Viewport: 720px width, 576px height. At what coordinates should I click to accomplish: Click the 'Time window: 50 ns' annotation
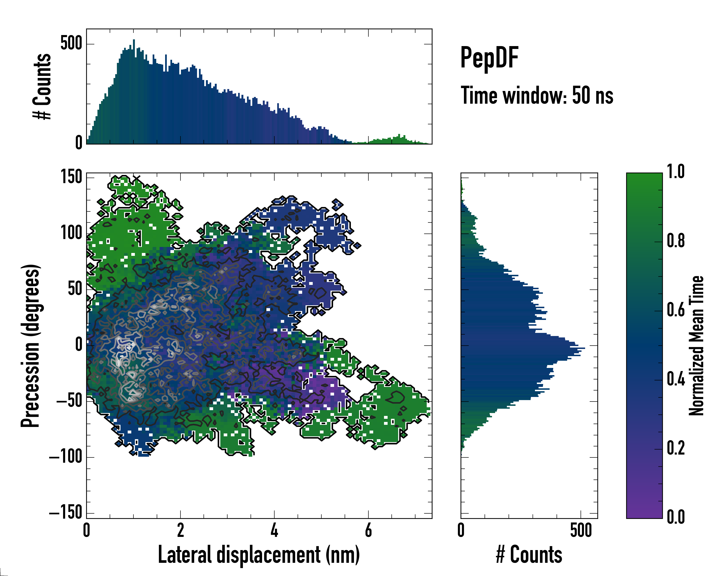pyautogui.click(x=537, y=96)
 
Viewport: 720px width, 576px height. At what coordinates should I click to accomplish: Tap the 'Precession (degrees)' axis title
pyautogui.click(x=31, y=346)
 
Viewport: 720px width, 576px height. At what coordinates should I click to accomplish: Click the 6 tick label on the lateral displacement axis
pyautogui.click(x=368, y=530)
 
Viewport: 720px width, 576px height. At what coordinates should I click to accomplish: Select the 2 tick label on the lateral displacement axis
pyautogui.click(x=180, y=530)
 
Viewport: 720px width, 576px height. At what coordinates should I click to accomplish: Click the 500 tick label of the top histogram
pyautogui.click(x=71, y=43)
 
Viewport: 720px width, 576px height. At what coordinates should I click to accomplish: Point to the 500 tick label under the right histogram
pyautogui.click(x=581, y=530)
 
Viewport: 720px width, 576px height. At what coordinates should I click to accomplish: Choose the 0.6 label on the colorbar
pyautogui.click(x=676, y=310)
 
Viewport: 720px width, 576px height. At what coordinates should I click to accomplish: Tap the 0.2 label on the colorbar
pyautogui.click(x=676, y=448)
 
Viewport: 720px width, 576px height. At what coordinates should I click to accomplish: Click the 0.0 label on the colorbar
pyautogui.click(x=676, y=517)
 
